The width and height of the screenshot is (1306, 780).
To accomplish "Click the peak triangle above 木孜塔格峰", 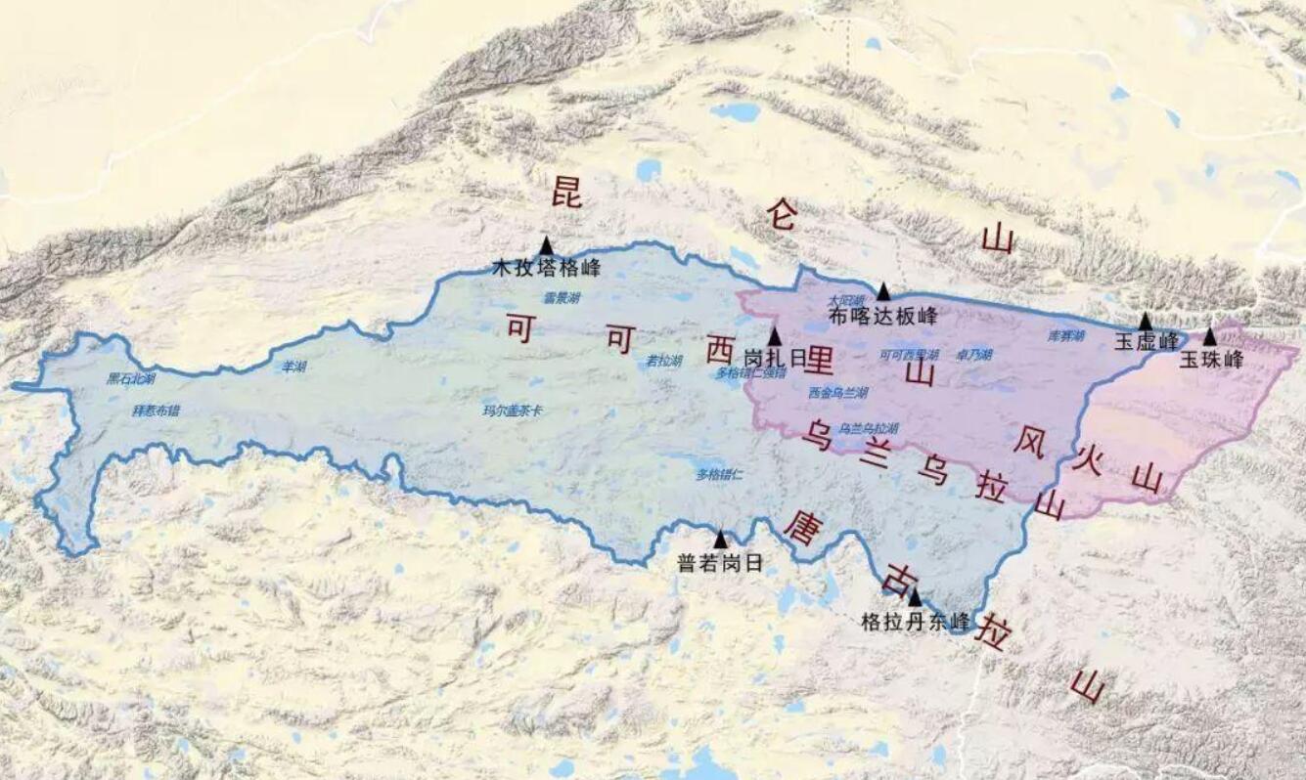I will (x=546, y=245).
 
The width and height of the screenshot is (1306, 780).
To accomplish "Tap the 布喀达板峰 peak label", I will (x=882, y=316).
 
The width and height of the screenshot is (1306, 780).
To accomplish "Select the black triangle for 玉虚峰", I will (x=1145, y=322).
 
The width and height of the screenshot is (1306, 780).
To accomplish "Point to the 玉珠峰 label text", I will (x=1210, y=359).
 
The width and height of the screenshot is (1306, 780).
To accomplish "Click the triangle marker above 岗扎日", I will (x=775, y=337).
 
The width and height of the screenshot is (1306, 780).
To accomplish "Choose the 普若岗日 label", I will (x=719, y=563).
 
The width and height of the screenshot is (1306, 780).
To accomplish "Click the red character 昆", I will (x=566, y=193).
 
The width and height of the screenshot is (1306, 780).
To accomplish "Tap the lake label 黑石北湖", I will (x=131, y=377).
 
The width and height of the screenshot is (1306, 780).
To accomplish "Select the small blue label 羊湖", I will (x=293, y=367).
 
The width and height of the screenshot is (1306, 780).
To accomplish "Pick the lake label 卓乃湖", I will (x=973, y=355).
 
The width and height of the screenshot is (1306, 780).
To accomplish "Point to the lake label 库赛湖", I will (x=1066, y=335).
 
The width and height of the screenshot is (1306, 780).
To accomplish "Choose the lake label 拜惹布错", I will (x=157, y=411).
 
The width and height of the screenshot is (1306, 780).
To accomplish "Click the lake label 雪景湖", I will (x=562, y=298).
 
